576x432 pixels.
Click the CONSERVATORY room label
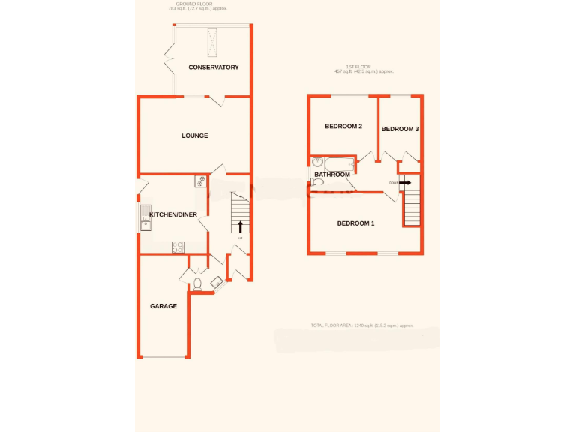click(x=214, y=67)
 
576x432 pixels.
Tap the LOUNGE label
click(x=195, y=136)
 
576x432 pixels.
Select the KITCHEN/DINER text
click(x=173, y=215)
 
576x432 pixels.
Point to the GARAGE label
click(x=163, y=306)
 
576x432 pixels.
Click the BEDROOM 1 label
click(x=355, y=223)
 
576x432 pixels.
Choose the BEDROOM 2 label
click(x=343, y=127)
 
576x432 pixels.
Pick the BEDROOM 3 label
click(x=400, y=129)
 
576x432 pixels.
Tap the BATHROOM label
click(x=332, y=175)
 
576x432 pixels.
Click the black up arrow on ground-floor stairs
click(x=240, y=226)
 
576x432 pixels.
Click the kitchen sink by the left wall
click(x=145, y=217)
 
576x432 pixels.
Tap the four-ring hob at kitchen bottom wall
click(x=178, y=246)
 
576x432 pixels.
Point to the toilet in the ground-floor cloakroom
click(x=197, y=283)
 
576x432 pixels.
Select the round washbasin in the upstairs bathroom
click(x=318, y=162)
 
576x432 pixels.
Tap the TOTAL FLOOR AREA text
click(x=362, y=325)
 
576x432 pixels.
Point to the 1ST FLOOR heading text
click(x=364, y=69)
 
